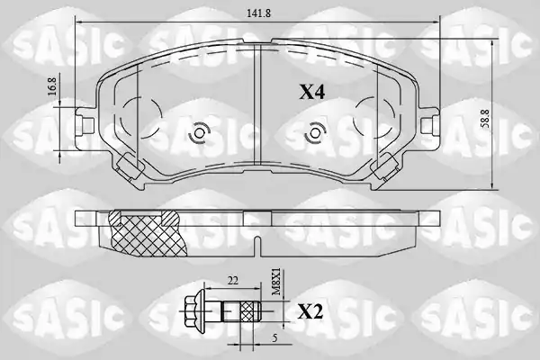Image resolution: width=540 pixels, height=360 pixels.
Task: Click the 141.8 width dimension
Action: (x=258, y=13)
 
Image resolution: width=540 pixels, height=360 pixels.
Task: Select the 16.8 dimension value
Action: (x=52, y=87)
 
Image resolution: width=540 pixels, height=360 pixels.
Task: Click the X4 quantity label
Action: (x=311, y=92)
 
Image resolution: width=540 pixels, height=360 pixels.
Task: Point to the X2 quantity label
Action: (x=310, y=312)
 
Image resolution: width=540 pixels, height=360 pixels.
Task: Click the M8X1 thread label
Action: (x=277, y=283)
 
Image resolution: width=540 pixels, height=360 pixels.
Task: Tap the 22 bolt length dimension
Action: (x=233, y=281)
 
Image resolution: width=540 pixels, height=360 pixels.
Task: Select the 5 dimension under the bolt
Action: (x=274, y=338)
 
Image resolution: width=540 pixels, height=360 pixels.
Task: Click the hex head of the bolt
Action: (x=194, y=311)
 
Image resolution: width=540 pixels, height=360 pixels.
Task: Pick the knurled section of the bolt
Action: (x=249, y=311)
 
